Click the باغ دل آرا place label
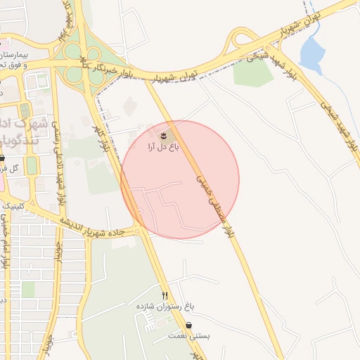point(163,147)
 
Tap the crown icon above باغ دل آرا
point(163,134)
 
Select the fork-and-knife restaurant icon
point(165,295)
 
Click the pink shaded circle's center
point(180,180)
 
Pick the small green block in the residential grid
point(28,289)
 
